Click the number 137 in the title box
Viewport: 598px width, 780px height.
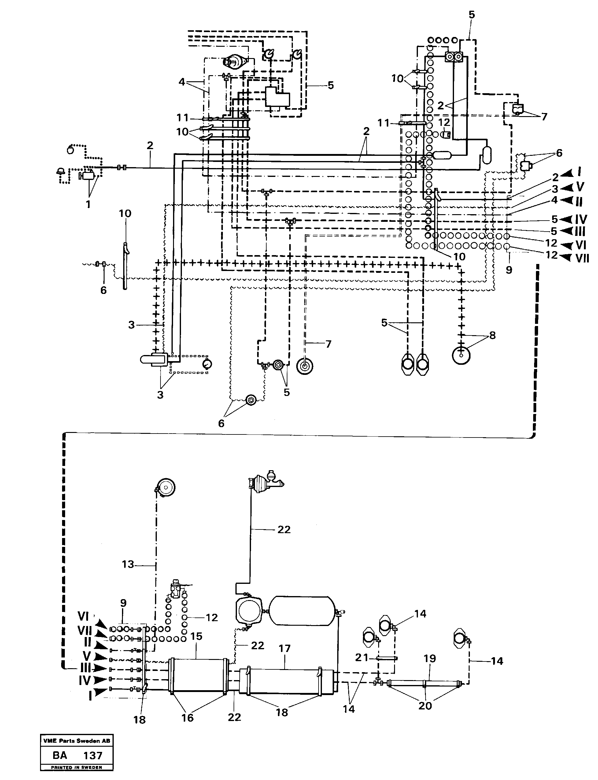pos(93,755)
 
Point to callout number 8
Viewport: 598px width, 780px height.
pos(492,335)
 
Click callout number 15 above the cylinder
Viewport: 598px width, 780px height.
pos(196,636)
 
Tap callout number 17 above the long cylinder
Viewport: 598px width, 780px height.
pos(285,649)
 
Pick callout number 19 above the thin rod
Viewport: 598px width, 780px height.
pos(430,659)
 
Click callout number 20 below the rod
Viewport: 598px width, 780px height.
pos(425,706)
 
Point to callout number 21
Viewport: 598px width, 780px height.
pos(362,658)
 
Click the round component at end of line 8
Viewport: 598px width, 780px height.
pos(461,355)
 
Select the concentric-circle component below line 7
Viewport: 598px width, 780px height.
pos(305,366)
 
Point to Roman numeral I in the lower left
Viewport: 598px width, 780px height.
pos(90,696)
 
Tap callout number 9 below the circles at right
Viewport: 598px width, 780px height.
pos(509,270)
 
